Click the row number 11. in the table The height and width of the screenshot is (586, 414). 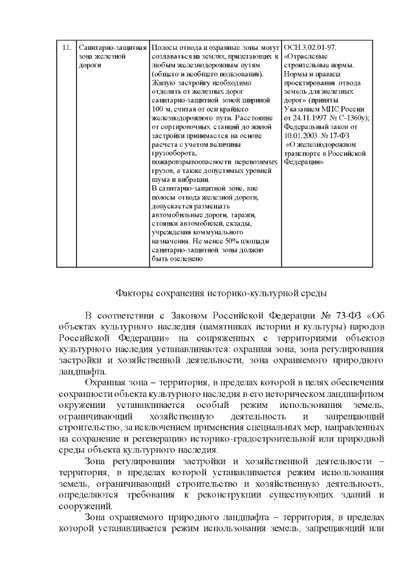(66, 48)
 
